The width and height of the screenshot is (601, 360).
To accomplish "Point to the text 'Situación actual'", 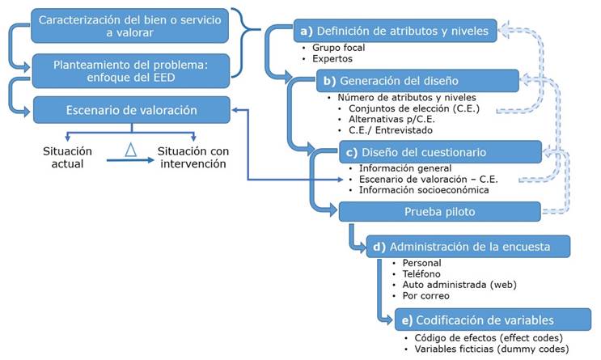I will coord(68,157).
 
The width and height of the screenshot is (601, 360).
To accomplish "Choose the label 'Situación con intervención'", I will coord(192,157).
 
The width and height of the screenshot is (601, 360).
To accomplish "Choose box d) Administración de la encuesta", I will coord(469,246).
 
